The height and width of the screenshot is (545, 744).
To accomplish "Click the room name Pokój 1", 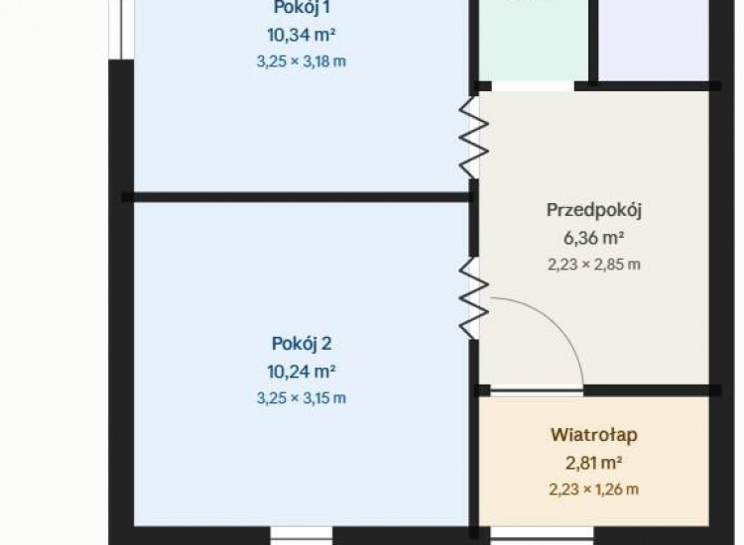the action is (x=302, y=7).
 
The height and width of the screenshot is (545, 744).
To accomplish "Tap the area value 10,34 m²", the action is (x=302, y=35).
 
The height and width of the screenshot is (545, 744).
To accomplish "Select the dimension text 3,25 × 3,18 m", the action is (x=302, y=61).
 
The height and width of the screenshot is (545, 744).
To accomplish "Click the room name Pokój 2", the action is (x=302, y=344).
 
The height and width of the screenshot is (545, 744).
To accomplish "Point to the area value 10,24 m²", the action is (x=302, y=372).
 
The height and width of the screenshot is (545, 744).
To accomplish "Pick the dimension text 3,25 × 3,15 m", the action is (x=302, y=398).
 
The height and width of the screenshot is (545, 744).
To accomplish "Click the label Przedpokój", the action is (x=594, y=210).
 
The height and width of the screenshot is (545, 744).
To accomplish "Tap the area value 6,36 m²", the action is (x=593, y=238).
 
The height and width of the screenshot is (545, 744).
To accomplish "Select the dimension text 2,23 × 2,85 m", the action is (x=594, y=265).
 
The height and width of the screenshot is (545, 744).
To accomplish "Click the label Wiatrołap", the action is (x=594, y=435).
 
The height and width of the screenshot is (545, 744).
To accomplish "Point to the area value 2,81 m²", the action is (x=593, y=463).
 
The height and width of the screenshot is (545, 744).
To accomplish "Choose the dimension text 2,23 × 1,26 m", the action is (x=594, y=490).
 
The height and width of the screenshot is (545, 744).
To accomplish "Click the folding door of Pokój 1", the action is (x=473, y=138).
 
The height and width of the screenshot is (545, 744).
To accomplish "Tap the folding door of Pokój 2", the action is (x=473, y=298).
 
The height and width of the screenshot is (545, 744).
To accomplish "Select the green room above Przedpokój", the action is (x=534, y=41).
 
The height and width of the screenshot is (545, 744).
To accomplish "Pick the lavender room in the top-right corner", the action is (x=654, y=41).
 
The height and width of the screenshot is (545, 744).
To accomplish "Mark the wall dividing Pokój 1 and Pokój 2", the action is (x=297, y=197).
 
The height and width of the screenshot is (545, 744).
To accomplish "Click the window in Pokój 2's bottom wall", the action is (x=302, y=535).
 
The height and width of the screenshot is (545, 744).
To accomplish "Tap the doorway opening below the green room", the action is (x=533, y=86).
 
